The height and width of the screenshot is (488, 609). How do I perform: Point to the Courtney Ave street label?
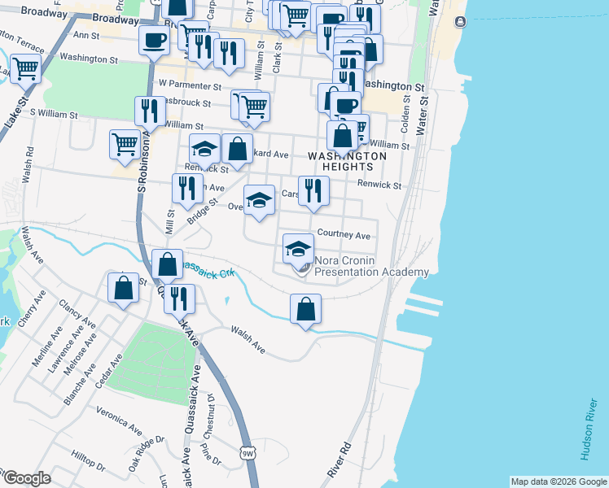(x=344, y=235)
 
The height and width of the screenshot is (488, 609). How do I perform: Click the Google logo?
(x=26, y=478)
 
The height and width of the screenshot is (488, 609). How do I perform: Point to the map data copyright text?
(x=558, y=481)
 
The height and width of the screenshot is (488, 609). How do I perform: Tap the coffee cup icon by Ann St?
(x=152, y=40)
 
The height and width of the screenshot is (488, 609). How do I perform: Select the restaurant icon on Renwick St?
(x=313, y=191)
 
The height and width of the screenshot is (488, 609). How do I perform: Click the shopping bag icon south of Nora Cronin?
(x=305, y=309)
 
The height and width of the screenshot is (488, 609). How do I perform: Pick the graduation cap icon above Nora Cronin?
(x=299, y=247)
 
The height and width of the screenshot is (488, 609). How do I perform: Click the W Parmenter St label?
(x=190, y=84)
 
